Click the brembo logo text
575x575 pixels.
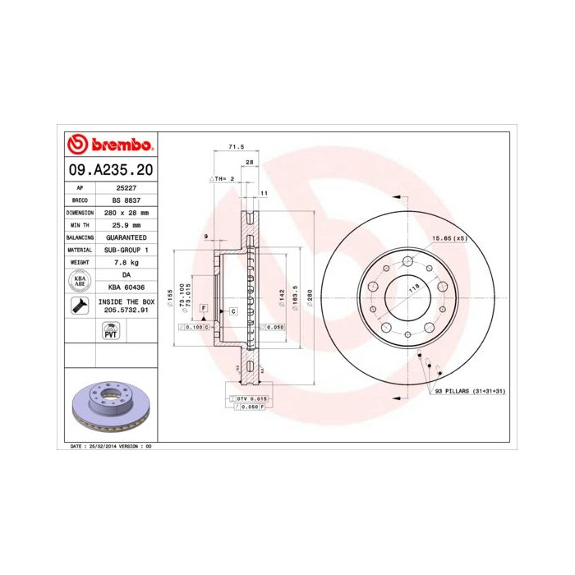119,145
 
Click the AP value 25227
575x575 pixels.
126,187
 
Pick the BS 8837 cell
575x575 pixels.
126,200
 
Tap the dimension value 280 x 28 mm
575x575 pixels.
126,212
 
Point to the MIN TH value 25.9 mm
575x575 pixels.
126,224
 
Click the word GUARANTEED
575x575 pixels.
126,237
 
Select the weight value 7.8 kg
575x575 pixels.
126,261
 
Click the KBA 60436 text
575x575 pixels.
126,287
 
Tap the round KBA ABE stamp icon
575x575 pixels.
80,281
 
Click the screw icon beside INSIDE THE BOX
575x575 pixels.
80,306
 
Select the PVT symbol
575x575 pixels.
109,331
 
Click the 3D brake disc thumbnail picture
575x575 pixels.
109,407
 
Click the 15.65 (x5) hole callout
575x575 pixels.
449,238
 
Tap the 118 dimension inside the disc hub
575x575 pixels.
414,287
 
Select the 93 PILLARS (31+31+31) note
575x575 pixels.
470,391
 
